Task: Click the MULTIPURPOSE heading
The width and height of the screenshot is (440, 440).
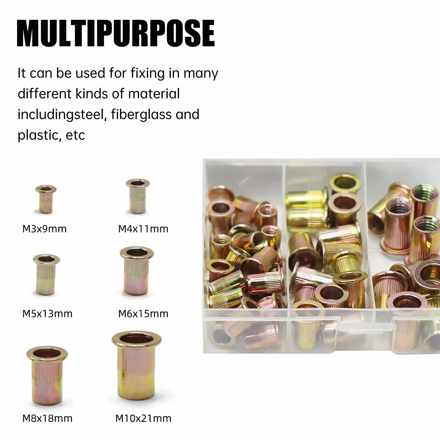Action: coord(116,33)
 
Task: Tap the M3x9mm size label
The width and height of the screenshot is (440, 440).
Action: coord(44,229)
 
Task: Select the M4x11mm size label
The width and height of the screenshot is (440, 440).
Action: coord(143,229)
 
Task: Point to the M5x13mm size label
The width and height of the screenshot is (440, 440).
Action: coord(47,314)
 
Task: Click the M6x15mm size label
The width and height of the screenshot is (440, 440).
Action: coord(143,314)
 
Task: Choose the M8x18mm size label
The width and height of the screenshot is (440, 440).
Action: coord(47,418)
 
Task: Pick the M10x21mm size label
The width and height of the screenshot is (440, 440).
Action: coord(143,418)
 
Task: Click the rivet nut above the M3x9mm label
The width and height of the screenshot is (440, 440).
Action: coord(46,199)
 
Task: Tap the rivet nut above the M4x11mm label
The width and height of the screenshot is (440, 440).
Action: coord(137,196)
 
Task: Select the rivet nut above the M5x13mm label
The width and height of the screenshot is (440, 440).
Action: coord(46,274)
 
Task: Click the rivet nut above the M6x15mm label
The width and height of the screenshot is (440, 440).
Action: coord(137,271)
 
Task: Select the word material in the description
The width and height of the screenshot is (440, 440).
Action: coord(154,94)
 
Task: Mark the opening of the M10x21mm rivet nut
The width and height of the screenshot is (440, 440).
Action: coord(137,339)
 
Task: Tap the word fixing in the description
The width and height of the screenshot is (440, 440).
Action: coord(147,74)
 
